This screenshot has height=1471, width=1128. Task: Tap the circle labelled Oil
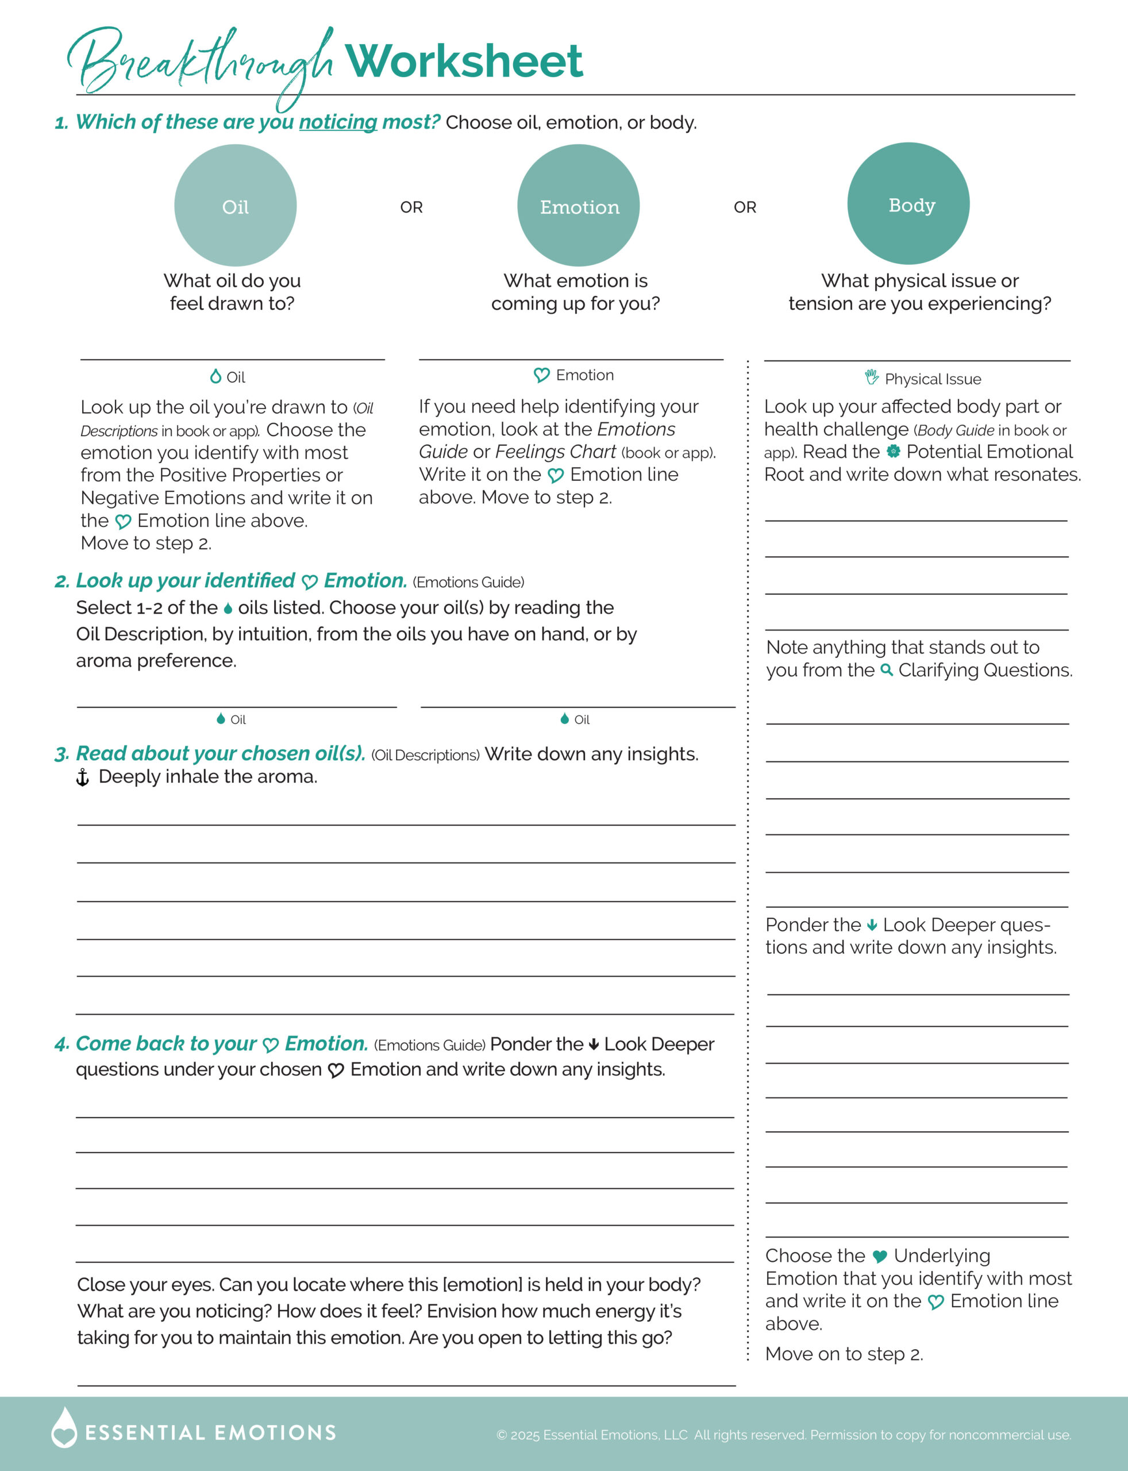[x=235, y=206]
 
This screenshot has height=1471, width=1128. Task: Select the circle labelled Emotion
[x=578, y=206]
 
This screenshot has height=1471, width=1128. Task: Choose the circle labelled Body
[x=908, y=203]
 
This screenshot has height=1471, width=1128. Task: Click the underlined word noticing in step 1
[x=338, y=122]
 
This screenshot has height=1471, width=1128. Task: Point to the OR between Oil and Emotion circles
[x=411, y=207]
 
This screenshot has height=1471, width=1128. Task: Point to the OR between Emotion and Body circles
[x=745, y=207]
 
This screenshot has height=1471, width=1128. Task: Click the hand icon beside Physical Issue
[x=872, y=378]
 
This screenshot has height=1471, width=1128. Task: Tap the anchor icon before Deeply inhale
[x=83, y=777]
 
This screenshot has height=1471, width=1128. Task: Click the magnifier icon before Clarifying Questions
[x=886, y=670]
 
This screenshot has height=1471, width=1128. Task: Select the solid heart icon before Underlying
[x=880, y=1256]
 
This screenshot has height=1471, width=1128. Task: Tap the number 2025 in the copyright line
[x=525, y=1435]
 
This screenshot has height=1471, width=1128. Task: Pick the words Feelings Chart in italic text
[x=555, y=452]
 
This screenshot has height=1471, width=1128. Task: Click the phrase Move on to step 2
[x=844, y=1354]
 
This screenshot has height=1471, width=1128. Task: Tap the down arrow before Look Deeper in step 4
[x=594, y=1045]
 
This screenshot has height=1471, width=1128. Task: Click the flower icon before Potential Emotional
[x=893, y=451]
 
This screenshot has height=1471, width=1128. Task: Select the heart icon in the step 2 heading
[x=310, y=582]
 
